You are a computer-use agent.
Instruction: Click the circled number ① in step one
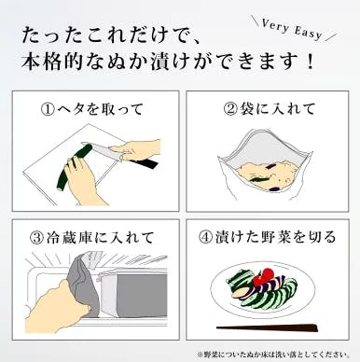coord(48,109)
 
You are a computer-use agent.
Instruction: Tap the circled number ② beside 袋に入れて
coord(230,109)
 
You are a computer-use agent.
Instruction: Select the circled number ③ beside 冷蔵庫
coord(36,238)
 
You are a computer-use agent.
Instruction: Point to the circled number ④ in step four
coord(206,238)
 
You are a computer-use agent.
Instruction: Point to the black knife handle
coord(144,163)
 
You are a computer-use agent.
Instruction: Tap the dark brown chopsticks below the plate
coord(268,327)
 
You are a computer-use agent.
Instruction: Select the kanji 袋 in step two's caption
coord(245,109)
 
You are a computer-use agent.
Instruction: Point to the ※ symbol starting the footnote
coord(200,355)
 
